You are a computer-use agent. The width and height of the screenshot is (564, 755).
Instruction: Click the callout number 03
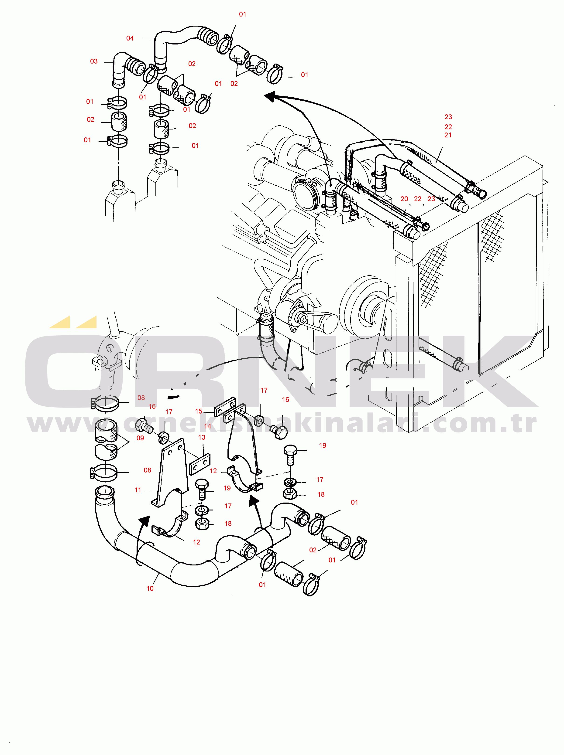click(x=94, y=61)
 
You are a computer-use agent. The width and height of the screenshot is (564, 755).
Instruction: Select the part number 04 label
click(x=130, y=38)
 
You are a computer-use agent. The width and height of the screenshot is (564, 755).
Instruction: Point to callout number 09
click(x=140, y=438)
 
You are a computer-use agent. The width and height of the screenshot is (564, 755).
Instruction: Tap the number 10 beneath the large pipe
click(x=150, y=588)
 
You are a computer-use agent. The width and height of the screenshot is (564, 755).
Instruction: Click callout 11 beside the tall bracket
click(x=138, y=490)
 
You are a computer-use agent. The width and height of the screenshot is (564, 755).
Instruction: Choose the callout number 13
click(x=202, y=437)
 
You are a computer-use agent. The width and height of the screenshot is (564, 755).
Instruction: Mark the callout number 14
click(x=208, y=426)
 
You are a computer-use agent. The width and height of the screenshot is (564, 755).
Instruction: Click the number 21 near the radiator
click(x=448, y=135)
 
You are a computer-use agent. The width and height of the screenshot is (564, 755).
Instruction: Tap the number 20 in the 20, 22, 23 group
click(x=404, y=199)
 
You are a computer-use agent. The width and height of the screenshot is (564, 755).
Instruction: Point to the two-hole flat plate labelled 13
click(x=199, y=464)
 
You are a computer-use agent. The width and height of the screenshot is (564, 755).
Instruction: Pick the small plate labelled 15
click(x=225, y=406)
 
